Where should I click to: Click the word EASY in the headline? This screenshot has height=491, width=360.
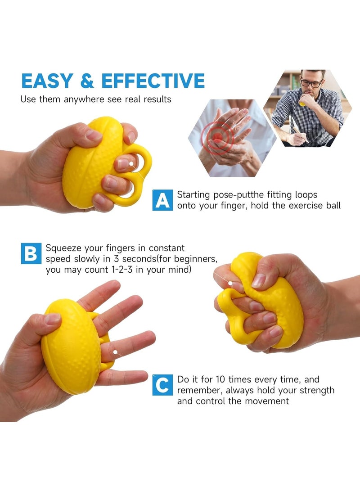47,81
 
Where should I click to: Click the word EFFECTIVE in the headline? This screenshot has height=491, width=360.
153,81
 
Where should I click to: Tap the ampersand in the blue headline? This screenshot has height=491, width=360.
87,81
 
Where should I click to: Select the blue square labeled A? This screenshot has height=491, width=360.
162,200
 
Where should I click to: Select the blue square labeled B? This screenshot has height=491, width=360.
31,253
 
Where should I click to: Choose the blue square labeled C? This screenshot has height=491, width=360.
162,385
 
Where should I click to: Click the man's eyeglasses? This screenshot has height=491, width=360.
311,83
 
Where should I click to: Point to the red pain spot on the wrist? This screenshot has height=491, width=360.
217,136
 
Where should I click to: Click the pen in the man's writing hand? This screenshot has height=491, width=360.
298,132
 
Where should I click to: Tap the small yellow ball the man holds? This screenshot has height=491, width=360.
302,104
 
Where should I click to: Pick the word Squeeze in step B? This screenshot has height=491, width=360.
64,248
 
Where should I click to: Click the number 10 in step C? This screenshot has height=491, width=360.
220,379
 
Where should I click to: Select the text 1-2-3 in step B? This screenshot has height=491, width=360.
122,270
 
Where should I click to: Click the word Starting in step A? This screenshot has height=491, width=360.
193,195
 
